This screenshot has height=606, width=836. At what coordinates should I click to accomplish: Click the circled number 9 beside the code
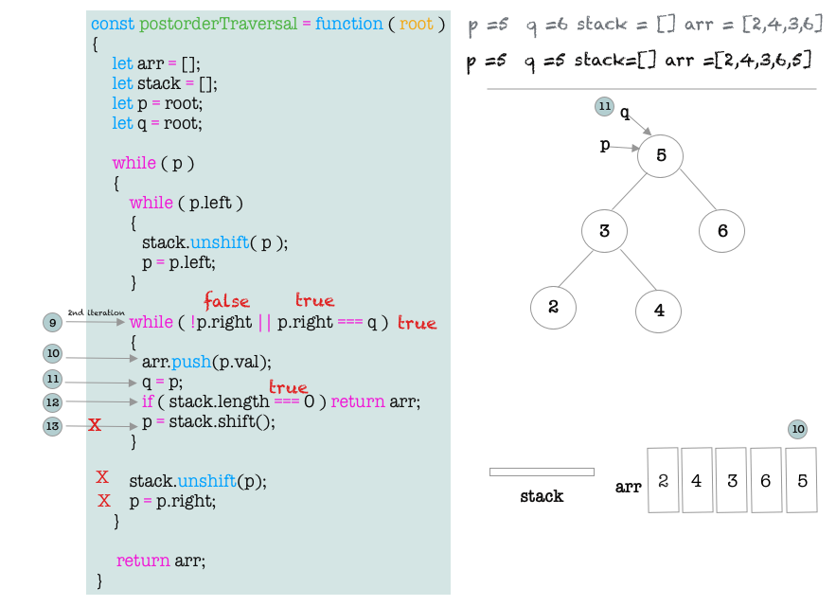click(x=53, y=323)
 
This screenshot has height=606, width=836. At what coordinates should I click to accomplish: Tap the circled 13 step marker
click(x=53, y=427)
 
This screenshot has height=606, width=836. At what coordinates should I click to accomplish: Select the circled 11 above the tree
click(x=605, y=107)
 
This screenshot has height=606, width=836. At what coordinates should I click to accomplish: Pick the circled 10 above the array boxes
click(x=798, y=430)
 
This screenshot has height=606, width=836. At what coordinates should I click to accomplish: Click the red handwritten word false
click(x=226, y=301)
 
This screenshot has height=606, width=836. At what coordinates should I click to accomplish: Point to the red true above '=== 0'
click(x=288, y=387)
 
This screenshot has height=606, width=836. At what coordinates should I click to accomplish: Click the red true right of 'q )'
click(x=417, y=323)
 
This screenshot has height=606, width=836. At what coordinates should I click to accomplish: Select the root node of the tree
click(x=661, y=155)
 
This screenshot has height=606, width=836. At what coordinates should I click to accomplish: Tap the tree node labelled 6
click(x=722, y=231)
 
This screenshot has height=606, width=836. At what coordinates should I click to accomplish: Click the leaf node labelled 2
click(x=553, y=307)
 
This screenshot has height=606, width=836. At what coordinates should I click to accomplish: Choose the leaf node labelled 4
click(x=659, y=309)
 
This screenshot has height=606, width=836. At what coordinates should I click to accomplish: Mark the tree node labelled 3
click(x=604, y=231)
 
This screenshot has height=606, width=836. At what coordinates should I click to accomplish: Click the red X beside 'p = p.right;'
click(x=103, y=501)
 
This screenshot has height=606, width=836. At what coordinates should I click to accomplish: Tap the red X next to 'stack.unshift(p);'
click(x=102, y=477)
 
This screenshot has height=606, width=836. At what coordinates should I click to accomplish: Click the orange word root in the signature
click(x=416, y=24)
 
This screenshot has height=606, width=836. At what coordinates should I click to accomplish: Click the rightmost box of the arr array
click(x=800, y=480)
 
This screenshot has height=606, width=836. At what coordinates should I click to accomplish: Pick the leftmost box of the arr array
click(x=664, y=480)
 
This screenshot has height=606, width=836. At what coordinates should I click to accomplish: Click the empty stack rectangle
click(x=542, y=472)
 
